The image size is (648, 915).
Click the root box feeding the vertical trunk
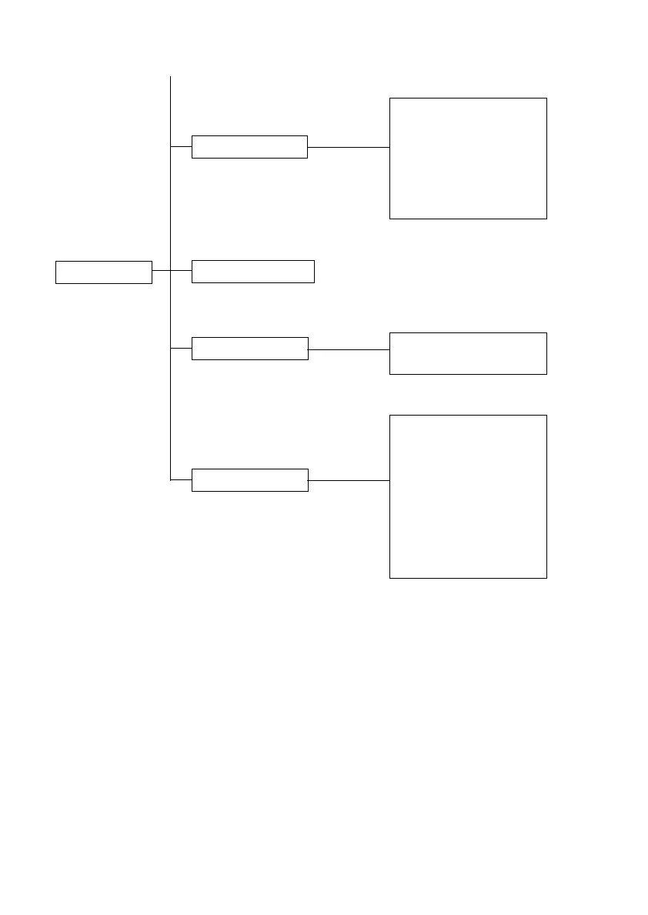[103, 272]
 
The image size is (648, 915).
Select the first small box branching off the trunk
[249, 146]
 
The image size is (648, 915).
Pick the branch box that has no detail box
[252, 271]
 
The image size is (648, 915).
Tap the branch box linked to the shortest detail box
[249, 348]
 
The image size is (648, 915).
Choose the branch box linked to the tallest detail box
[249, 479]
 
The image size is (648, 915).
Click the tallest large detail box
[468, 496]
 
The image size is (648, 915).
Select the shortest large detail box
[468, 353]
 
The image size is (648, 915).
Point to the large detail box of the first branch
[468, 158]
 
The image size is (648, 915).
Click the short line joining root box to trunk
[161, 271]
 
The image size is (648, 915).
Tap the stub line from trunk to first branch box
[181, 146]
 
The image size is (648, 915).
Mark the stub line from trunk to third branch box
[181, 348]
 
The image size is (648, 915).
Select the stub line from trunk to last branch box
[181, 480]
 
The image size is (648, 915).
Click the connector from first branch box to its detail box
[349, 146]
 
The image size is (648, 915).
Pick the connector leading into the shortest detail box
[349, 349]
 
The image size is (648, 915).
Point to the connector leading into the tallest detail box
[349, 480]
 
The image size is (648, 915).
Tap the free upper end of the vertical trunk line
[170, 78]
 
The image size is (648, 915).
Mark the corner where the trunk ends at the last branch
[170, 480]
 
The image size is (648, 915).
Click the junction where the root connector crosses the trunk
[170, 271]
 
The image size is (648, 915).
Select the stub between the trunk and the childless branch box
[181, 271]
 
